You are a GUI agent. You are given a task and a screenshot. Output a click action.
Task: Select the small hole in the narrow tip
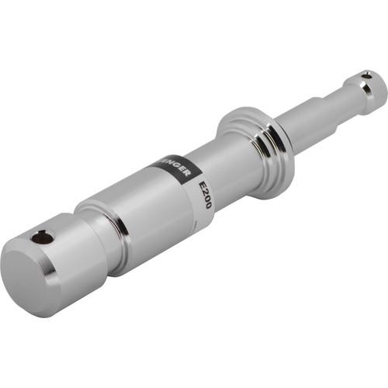(x=366, y=76)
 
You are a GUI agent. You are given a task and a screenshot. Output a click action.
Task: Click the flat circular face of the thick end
(x=29, y=276)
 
